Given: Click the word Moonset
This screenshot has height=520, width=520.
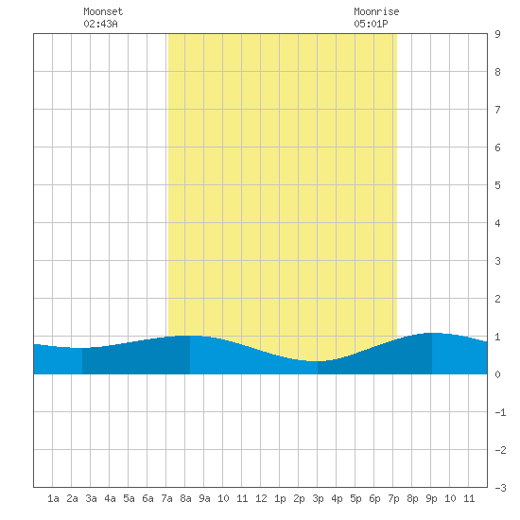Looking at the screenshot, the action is tap(103, 11).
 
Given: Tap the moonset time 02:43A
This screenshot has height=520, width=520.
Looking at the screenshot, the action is tap(100, 24).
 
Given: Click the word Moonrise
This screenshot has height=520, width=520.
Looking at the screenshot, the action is tap(376, 11).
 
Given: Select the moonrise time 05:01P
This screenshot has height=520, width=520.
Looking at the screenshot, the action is tap(371, 24).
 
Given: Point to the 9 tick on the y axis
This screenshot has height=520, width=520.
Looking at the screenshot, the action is tap(497, 34).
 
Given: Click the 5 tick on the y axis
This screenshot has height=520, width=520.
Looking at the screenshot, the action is tap(497, 185).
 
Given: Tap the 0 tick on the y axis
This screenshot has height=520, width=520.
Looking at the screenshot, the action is tap(497, 374).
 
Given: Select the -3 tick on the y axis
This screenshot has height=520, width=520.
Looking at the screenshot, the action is tap(500, 488).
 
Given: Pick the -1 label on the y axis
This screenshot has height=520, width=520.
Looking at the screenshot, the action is tap(500, 412).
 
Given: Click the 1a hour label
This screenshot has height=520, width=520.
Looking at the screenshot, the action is tap(53, 498).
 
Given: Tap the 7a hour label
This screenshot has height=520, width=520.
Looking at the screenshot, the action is tap(166, 498).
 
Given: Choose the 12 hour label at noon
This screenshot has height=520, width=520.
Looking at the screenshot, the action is tap(261, 498).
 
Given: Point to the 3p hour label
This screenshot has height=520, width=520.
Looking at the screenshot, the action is tap(318, 498).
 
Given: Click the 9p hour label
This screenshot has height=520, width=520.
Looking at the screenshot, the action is tap(431, 498).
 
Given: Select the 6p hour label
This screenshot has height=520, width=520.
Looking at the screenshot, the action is tap(374, 498).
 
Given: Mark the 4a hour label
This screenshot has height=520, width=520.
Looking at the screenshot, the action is tap(110, 498).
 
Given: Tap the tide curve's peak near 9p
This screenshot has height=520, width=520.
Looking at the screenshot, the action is tap(433, 333).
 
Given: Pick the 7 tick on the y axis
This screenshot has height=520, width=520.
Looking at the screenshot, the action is tap(497, 110).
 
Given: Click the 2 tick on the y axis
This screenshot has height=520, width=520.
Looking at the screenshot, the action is tap(497, 299).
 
